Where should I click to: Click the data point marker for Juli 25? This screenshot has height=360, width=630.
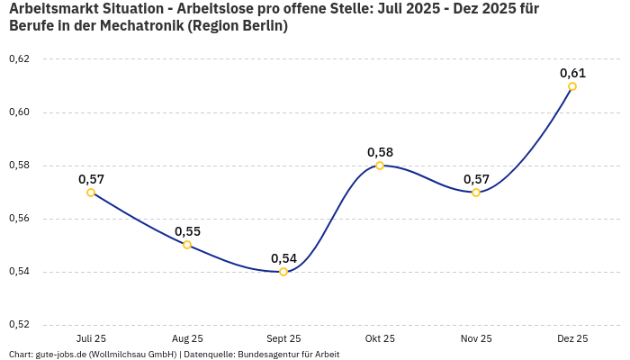click(x=91, y=193)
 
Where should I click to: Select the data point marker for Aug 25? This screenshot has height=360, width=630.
click(x=187, y=245)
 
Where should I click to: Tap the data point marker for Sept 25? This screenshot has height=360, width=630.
click(x=283, y=272)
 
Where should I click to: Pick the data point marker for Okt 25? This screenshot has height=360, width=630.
click(x=380, y=166)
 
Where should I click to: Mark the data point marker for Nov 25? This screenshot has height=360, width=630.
click(x=476, y=193)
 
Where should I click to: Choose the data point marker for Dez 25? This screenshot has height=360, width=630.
click(x=572, y=86)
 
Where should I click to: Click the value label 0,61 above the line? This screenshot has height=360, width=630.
click(x=572, y=73)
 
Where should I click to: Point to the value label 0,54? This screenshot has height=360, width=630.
click(x=283, y=258)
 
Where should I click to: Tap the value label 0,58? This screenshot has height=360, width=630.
click(x=380, y=152)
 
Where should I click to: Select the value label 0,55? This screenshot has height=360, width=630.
click(x=187, y=231)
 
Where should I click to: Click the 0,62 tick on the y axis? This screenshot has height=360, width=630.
click(x=19, y=59)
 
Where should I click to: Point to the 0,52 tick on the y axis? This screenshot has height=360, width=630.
click(x=19, y=325)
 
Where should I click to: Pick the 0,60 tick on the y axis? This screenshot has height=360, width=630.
click(x=19, y=112)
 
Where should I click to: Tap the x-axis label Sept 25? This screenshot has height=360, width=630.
click(x=283, y=338)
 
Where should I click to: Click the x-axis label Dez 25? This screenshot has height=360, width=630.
click(x=572, y=338)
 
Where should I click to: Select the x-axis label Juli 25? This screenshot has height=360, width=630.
click(x=91, y=338)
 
